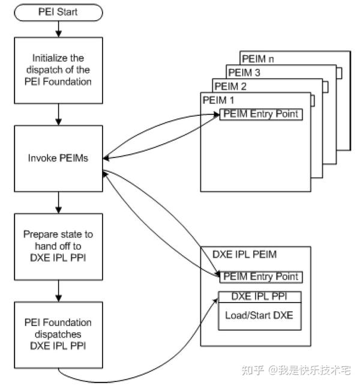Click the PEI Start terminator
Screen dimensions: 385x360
58,11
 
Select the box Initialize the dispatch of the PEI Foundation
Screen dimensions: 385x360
58,70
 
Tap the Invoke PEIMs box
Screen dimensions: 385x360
58,158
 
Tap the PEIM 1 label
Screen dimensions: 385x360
218,99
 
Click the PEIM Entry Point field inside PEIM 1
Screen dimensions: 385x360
261,114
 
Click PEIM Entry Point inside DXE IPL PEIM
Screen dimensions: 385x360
261,277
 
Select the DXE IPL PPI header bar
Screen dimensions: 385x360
259,297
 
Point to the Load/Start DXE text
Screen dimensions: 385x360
259,315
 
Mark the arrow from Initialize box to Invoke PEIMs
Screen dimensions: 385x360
58,114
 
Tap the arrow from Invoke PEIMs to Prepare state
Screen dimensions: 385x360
58,201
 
